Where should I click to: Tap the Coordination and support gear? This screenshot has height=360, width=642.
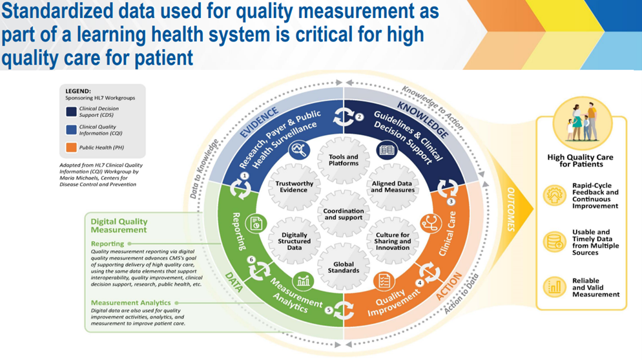(344, 213)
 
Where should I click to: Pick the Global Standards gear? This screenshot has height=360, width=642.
(344, 266)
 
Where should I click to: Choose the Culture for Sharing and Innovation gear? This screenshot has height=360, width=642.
(392, 240)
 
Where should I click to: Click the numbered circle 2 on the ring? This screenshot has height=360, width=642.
(360, 117)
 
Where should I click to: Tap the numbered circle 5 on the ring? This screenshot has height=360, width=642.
(329, 310)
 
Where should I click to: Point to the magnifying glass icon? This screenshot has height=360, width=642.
(300, 151)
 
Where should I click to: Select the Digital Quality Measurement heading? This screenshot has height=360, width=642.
(119, 226)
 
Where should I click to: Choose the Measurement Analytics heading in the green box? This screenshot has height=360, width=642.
(131, 302)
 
